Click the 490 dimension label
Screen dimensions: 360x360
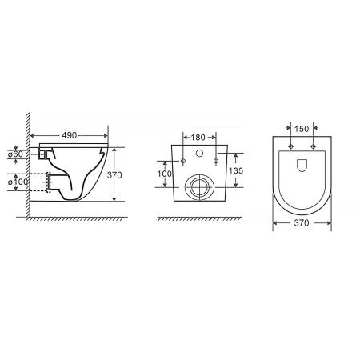[70, 135]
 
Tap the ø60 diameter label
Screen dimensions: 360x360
[15, 154]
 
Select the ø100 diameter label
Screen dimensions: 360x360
[18, 182]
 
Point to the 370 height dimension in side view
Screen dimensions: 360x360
[114, 175]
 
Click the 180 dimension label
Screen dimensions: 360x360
[198, 138]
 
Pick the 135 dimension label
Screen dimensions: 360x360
[236, 170]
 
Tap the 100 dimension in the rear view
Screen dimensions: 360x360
[165, 174]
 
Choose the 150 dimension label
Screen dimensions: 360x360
[302, 129]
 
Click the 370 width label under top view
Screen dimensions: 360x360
[302, 222]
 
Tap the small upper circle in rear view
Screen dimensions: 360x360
[199, 154]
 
